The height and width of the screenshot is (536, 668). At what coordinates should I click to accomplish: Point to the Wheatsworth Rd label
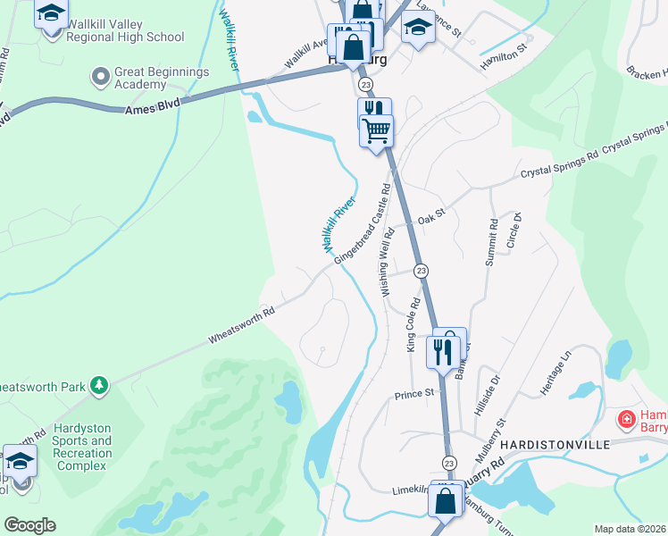(x=241, y=326)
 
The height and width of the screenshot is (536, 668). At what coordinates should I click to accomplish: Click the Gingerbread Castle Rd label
(x=363, y=225)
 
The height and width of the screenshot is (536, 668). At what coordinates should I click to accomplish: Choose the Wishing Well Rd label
(x=388, y=263)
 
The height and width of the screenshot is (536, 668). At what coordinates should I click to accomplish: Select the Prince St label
(x=413, y=392)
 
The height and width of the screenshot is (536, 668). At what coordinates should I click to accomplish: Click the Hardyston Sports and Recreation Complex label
(x=82, y=440)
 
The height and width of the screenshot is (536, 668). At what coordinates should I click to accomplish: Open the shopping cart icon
(x=377, y=131)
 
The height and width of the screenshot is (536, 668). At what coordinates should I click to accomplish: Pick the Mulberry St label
(x=490, y=439)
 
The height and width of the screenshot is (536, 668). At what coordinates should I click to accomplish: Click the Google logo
(x=30, y=524)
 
